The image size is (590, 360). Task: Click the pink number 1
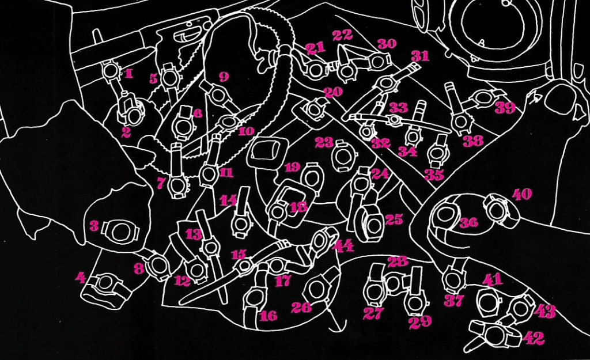click(128, 73)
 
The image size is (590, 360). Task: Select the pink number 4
click(81, 278)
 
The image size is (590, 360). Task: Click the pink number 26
click(301, 307)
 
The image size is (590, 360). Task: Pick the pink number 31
click(420, 56)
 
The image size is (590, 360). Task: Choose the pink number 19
click(292, 168)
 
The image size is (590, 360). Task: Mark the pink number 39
click(505, 107)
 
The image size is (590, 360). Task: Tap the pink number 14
click(228, 200)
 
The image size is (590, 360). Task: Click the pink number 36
click(468, 222)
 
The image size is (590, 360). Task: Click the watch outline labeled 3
click(121, 232)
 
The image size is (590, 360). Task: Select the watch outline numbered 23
click(344, 156)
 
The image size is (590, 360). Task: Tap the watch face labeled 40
click(496, 210)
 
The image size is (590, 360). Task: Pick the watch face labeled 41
click(489, 301)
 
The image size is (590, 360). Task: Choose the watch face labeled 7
click(178, 186)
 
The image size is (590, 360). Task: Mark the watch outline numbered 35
click(438, 154)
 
